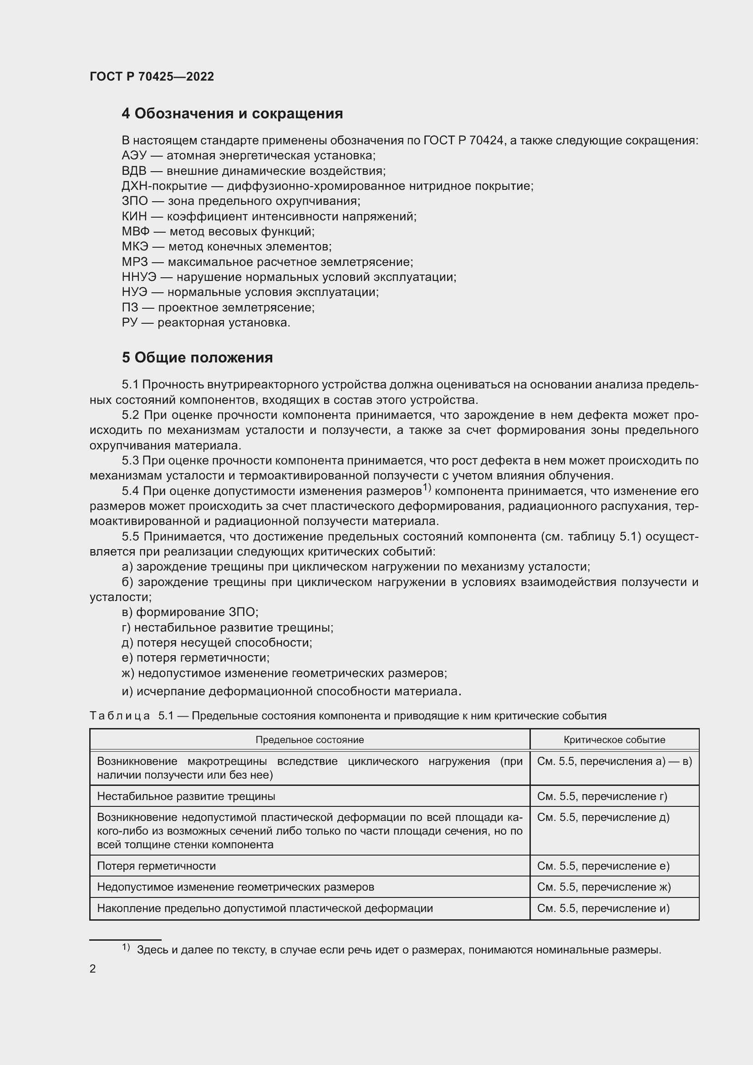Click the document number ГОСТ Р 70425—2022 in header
pyautogui.click(x=152, y=76)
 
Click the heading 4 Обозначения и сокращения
pyautogui.click(x=232, y=114)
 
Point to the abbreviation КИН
pyautogui.click(x=134, y=217)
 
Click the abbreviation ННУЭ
pyautogui.click(x=139, y=277)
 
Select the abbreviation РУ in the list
pyautogui.click(x=129, y=323)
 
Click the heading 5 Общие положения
pyautogui.click(x=197, y=357)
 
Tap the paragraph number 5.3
pyautogui.click(x=130, y=461)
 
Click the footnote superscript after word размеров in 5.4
pyautogui.click(x=427, y=488)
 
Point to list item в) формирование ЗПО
pyautogui.click(x=190, y=612)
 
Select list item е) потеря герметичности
pyautogui.click(x=195, y=658)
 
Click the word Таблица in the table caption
pyautogui.click(x=120, y=716)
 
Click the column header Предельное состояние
pyautogui.click(x=309, y=740)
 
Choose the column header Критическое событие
pyautogui.click(x=614, y=740)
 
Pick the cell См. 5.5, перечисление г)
pyautogui.click(x=602, y=796)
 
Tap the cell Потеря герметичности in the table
pyautogui.click(x=156, y=866)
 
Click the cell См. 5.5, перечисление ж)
pyautogui.click(x=604, y=887)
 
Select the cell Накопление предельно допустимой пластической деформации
pyautogui.click(x=265, y=908)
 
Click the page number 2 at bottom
pyautogui.click(x=93, y=969)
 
